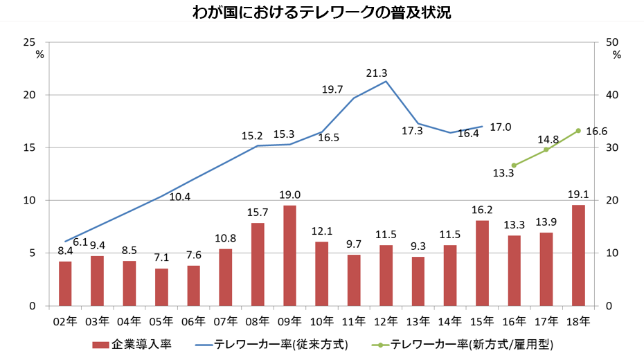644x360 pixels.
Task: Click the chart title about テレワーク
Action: point(322,13)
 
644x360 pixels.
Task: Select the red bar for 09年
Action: point(289,255)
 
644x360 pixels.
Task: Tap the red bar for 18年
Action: point(578,255)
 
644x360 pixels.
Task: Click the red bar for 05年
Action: point(161,287)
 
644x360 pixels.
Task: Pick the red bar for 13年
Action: point(418,281)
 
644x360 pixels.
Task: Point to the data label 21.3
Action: point(377,73)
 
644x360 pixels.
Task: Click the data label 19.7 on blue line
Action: point(333,89)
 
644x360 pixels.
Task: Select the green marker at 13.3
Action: point(514,165)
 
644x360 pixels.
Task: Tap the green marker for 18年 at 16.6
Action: point(578,131)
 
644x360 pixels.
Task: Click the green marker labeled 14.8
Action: point(546,150)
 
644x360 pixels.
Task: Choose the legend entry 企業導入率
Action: point(132,344)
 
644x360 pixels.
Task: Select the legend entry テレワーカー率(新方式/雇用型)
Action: point(460,344)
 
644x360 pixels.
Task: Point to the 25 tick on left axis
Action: point(29,42)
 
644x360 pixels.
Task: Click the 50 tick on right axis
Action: point(612,42)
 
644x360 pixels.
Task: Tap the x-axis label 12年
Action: point(386,321)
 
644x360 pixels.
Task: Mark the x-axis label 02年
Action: point(65,321)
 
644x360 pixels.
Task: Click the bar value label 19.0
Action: point(289,195)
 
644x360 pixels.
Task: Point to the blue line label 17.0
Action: point(501,127)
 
